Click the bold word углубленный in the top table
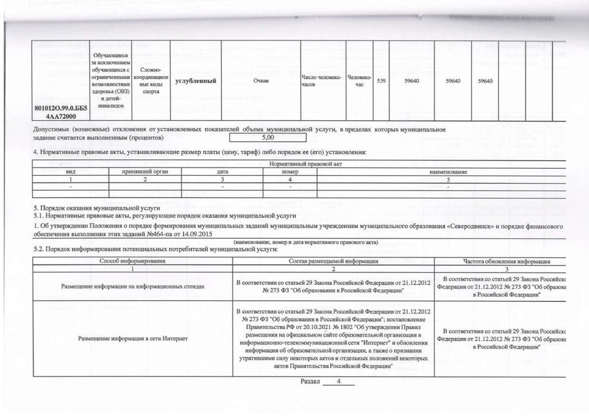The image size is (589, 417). tap(195, 81)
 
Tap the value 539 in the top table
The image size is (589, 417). tap(381, 81)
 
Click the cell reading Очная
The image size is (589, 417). tap(261, 81)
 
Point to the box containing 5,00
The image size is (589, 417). tap(267, 138)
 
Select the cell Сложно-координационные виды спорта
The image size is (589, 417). tap(151, 81)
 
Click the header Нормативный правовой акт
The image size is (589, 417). tap(300, 165)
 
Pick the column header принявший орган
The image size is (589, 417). tap(144, 172)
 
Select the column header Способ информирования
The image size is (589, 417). tap(133, 262)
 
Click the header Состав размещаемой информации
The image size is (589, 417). tap(334, 262)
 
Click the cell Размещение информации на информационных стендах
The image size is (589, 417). tap(133, 286)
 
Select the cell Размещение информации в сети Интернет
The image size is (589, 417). tap(133, 338)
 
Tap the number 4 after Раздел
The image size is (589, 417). tap(339, 382)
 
